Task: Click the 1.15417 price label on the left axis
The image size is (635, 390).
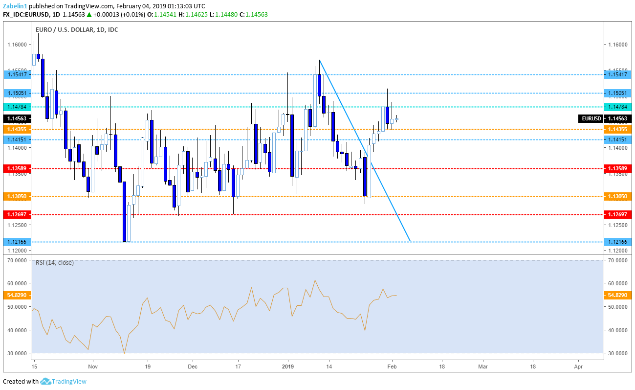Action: click(17, 74)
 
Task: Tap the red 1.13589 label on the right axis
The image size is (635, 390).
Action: click(617, 168)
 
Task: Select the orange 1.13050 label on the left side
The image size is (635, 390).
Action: click(17, 196)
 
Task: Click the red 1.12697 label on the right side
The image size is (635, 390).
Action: click(617, 214)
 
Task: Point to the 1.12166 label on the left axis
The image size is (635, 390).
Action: click(17, 242)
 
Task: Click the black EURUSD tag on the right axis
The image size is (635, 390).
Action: click(591, 118)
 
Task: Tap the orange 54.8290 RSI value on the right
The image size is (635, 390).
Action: click(617, 295)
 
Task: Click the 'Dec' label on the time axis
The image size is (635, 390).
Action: click(192, 366)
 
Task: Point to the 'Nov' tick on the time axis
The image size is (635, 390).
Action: click(93, 366)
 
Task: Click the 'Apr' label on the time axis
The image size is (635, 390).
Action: click(578, 366)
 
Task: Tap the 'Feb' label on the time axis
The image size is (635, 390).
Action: click(391, 366)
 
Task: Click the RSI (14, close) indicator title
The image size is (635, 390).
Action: click(55, 263)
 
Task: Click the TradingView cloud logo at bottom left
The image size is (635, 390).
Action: click(46, 382)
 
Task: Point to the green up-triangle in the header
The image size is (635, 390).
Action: click(89, 15)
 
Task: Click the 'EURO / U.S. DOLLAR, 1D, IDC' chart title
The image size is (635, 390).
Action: click(77, 30)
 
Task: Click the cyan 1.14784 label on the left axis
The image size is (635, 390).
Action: click(17, 107)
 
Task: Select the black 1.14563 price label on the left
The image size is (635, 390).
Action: click(17, 118)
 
